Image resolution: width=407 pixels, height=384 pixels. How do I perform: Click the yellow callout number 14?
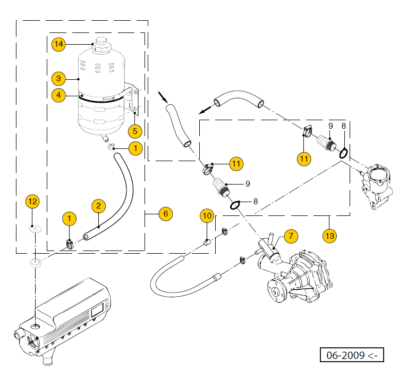58,44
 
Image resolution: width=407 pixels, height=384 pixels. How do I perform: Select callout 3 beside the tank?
58,79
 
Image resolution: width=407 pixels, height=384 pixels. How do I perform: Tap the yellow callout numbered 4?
58,95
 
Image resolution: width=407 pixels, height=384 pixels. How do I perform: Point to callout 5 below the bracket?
135,130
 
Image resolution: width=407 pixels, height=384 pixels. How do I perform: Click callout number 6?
165,214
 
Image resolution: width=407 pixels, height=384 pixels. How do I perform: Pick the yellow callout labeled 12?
33,201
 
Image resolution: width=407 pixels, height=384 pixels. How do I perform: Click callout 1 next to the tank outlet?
135,148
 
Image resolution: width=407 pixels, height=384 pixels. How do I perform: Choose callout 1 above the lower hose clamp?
69,218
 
